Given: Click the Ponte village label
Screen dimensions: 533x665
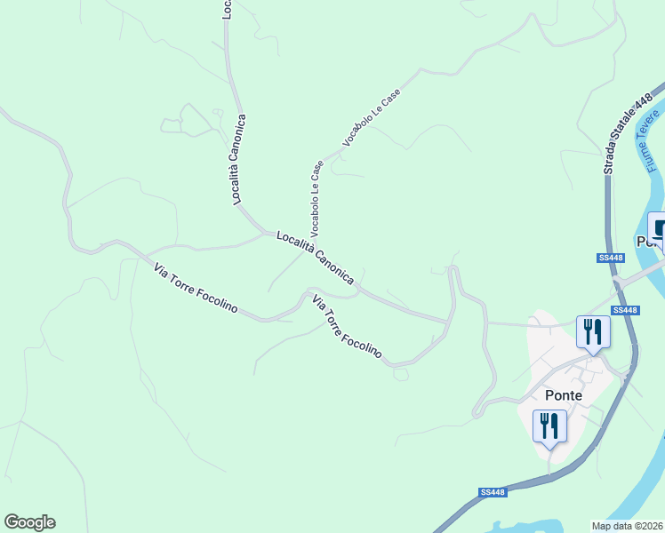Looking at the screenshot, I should point(563,395).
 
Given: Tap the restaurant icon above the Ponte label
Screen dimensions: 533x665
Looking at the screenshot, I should point(592,332).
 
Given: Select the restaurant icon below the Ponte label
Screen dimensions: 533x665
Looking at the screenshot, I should point(549,426).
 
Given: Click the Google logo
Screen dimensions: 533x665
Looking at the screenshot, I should point(29,522).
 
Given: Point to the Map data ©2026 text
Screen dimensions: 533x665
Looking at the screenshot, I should point(628,526).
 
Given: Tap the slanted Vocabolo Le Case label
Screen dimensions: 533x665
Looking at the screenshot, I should point(372,118).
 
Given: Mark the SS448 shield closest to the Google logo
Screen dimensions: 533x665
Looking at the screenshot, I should point(492,492).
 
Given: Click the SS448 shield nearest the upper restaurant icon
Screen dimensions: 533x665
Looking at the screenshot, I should point(625,310).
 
